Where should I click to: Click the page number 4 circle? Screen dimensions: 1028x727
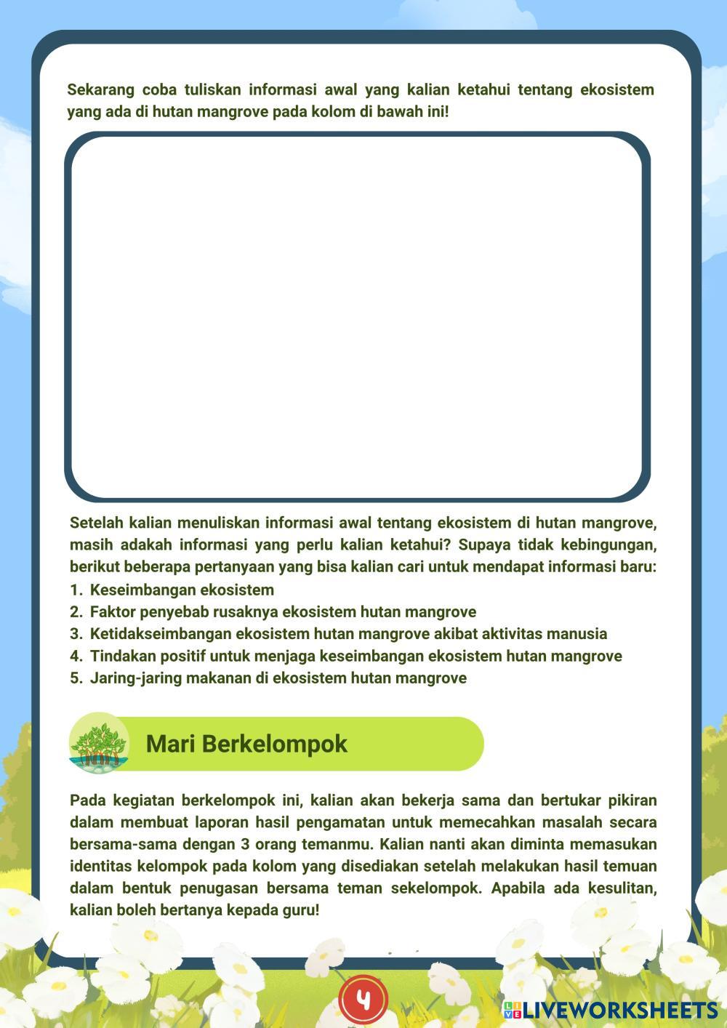click(363, 1000)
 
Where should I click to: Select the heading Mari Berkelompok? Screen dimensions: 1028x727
click(246, 744)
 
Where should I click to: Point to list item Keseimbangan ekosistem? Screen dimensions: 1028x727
click(182, 590)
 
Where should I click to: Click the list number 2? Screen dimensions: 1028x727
click(76, 612)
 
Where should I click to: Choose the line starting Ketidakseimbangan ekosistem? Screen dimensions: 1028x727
click(348, 634)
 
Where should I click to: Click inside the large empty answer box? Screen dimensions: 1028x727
click(357, 317)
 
